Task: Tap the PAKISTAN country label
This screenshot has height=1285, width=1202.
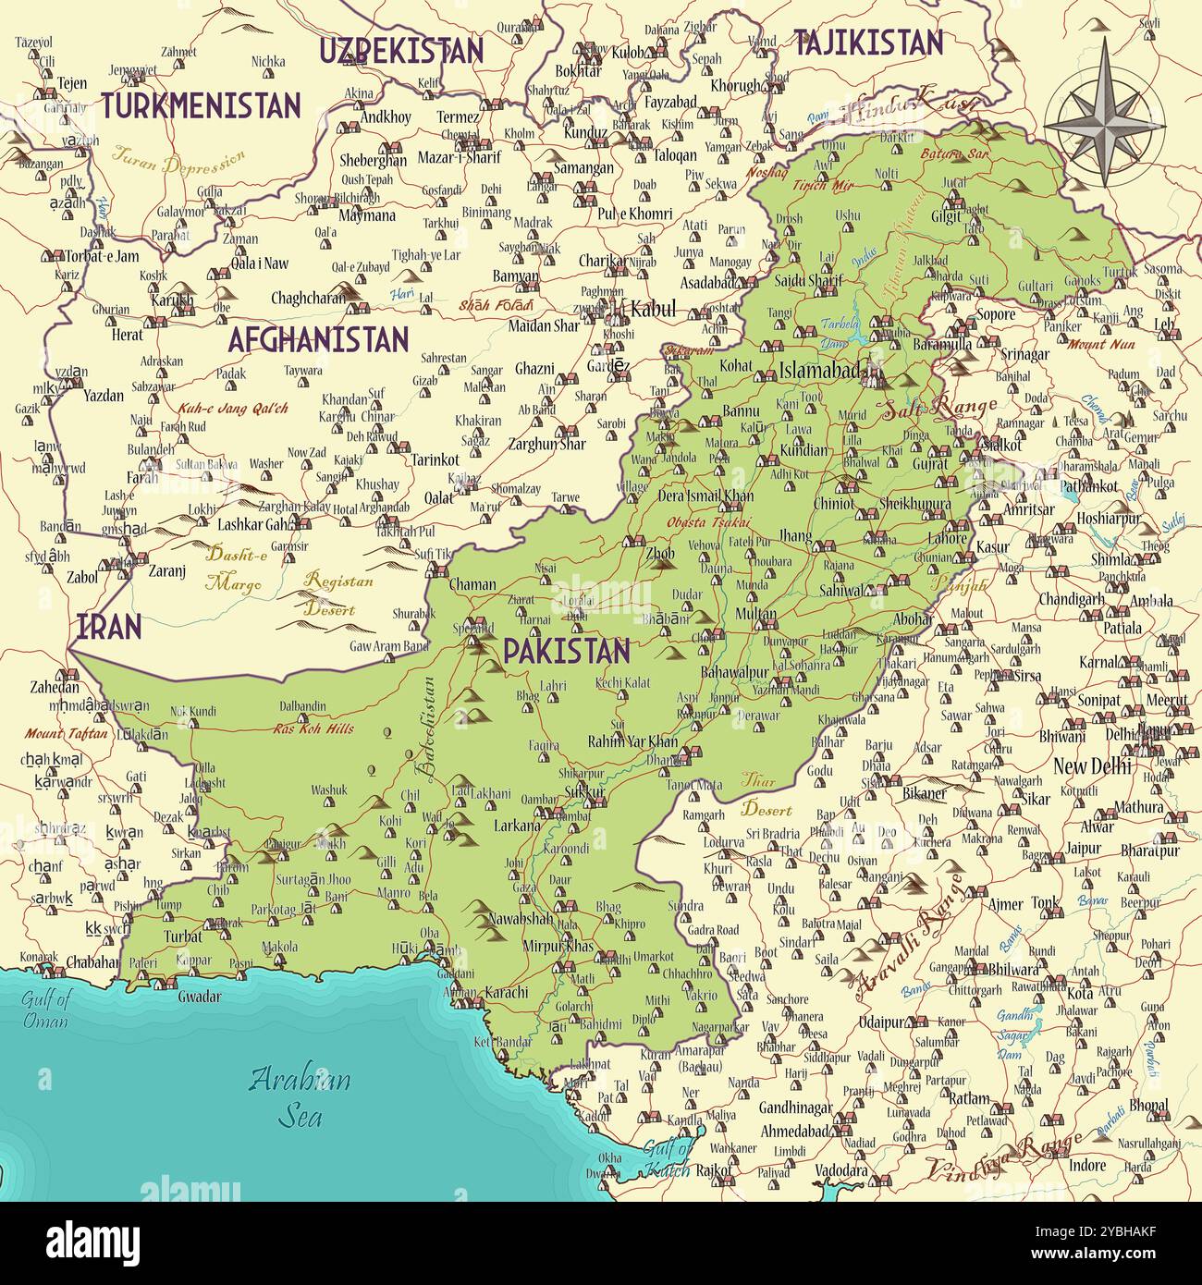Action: [x=566, y=652]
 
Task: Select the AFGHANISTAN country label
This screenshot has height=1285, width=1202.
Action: [x=317, y=340]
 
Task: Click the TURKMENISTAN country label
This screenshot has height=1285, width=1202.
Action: [x=201, y=105]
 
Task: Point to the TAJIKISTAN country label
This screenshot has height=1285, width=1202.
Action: [x=868, y=43]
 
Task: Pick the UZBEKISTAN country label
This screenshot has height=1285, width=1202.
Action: [x=400, y=51]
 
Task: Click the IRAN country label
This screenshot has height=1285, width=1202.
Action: [x=108, y=627]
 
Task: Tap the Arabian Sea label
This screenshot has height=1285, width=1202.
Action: [x=301, y=1096]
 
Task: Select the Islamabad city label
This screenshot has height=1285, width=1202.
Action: [x=818, y=371]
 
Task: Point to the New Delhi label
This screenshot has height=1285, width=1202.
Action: [x=1092, y=766]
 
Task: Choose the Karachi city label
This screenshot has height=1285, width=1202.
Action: [x=506, y=993]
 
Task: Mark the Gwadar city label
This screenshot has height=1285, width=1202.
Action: [x=200, y=997]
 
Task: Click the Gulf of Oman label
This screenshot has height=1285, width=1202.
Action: [x=46, y=1010]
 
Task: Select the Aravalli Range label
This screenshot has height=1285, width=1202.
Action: [x=910, y=934]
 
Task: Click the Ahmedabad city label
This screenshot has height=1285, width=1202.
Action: [x=793, y=1132]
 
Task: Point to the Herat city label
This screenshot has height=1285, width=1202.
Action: [x=128, y=336]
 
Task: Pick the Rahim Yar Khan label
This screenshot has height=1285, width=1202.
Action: [x=632, y=741]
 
